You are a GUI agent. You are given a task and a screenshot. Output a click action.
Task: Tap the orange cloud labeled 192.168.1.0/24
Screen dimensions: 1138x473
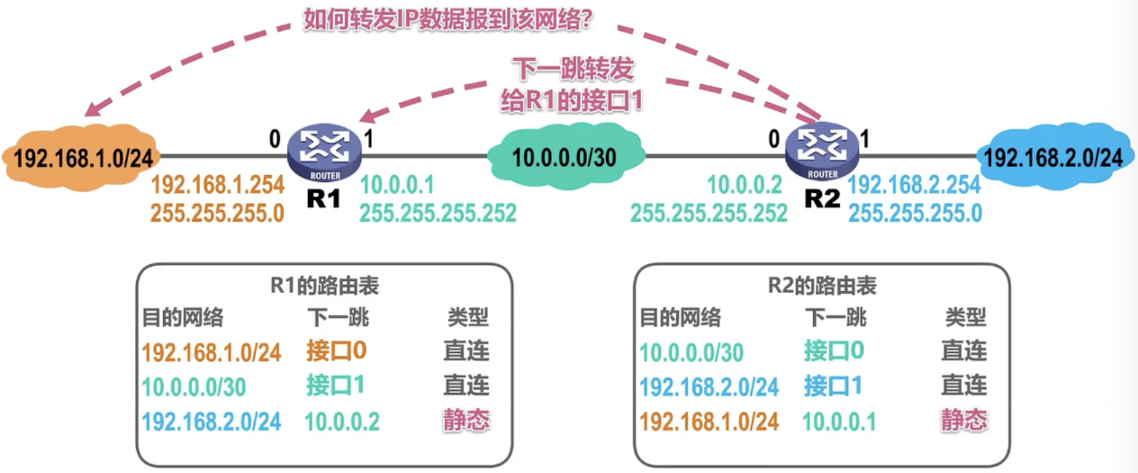(x=82, y=158)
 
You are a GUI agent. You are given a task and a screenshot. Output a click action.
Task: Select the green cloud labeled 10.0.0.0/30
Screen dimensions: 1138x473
(x=565, y=158)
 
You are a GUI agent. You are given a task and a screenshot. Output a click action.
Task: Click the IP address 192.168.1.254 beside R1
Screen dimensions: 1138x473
(x=218, y=185)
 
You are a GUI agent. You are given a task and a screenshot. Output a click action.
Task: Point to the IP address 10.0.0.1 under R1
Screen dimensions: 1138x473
(x=397, y=185)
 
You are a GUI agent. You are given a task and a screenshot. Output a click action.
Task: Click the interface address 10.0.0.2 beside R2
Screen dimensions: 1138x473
(x=744, y=185)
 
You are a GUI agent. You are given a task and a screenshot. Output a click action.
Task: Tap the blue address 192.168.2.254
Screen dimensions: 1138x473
(x=914, y=185)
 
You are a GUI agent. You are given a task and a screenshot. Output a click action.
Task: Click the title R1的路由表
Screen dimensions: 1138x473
(x=325, y=286)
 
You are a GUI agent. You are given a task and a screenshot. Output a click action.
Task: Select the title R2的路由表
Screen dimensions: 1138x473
(x=822, y=286)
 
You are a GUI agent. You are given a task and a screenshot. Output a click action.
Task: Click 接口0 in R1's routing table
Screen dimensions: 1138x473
(x=336, y=350)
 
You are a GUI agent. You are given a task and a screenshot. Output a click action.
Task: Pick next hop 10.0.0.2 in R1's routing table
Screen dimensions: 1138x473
(x=342, y=422)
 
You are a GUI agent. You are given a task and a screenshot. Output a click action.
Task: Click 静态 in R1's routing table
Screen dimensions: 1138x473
(x=467, y=420)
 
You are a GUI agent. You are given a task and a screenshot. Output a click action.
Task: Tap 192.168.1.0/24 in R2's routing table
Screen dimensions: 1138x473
(x=709, y=422)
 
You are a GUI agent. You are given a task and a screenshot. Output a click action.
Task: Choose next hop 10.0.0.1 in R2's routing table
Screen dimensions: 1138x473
(x=839, y=422)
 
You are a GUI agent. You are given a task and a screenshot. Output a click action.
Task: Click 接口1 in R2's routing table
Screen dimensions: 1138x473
(x=833, y=385)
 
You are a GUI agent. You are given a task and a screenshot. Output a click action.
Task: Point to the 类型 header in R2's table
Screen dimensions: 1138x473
(x=965, y=318)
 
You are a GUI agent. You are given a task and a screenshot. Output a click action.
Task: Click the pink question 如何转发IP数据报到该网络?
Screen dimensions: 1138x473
(x=448, y=20)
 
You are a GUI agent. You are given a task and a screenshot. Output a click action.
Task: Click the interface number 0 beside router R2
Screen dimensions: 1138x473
(x=774, y=139)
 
